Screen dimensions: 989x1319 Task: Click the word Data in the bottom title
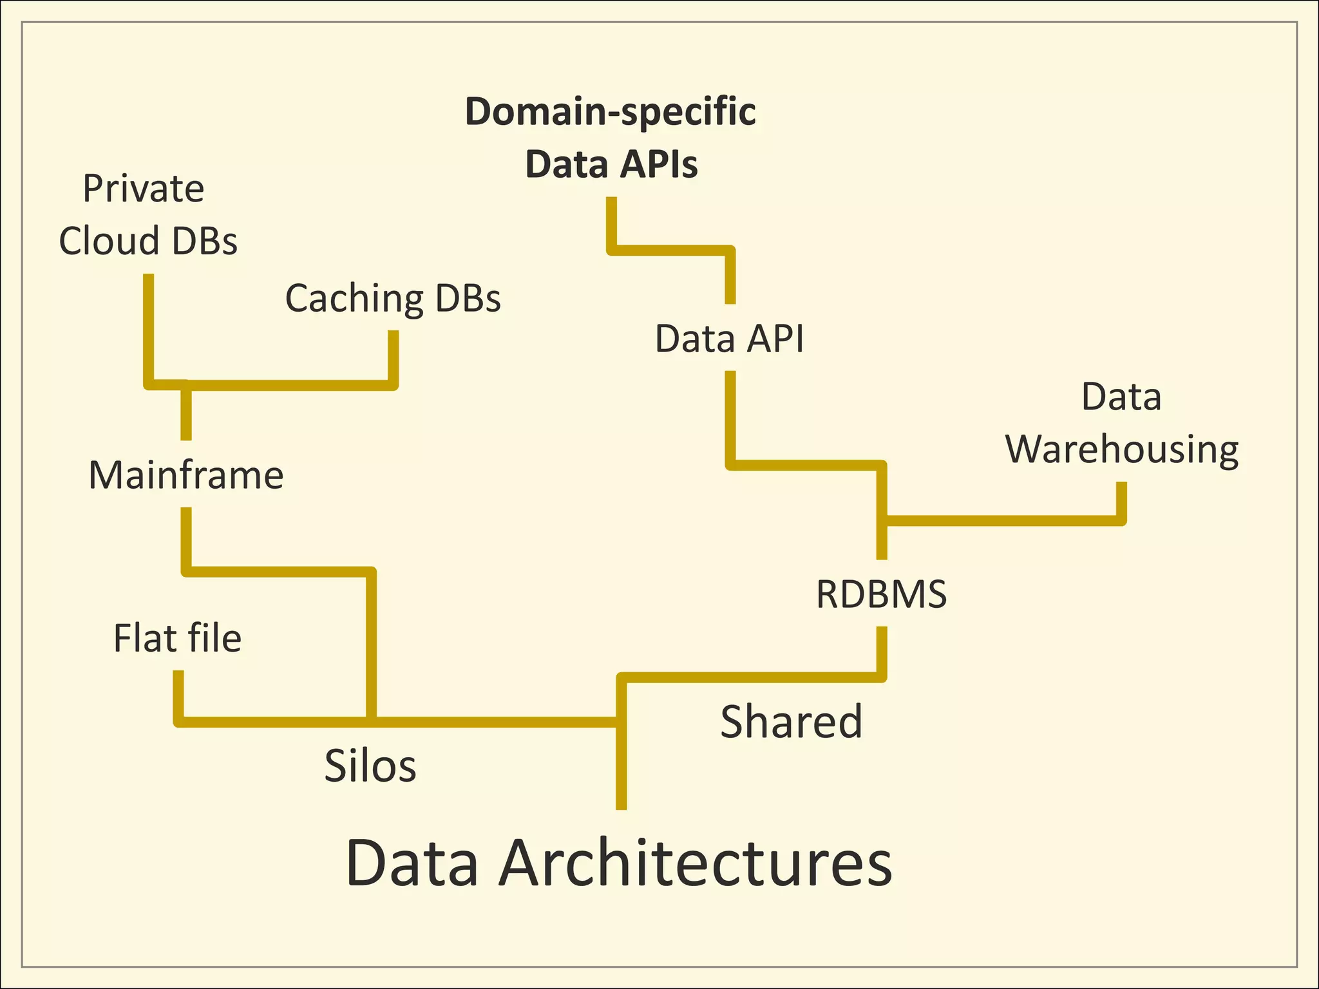[x=412, y=863]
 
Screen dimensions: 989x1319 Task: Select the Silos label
[x=370, y=766]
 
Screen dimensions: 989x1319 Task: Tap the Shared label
[x=791, y=721]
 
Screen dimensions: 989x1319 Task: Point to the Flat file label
[x=177, y=638]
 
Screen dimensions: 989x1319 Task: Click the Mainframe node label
[x=185, y=475]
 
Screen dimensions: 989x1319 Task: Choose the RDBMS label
[x=881, y=594]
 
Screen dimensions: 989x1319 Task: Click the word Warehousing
[x=1122, y=449]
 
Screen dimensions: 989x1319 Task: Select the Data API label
[x=729, y=339]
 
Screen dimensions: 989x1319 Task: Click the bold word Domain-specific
[x=610, y=111]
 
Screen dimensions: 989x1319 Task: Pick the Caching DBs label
[x=393, y=298]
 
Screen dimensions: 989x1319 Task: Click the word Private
[x=144, y=189]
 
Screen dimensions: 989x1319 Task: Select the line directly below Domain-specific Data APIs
[x=611, y=222]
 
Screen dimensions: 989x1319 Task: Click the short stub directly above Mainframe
[x=186, y=412]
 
